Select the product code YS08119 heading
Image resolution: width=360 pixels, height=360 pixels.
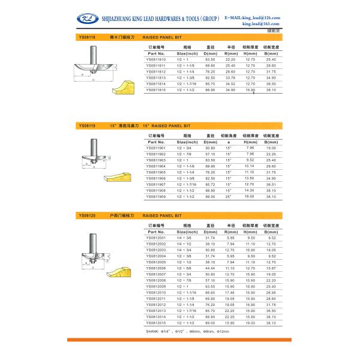pyautogui.click(x=87, y=126)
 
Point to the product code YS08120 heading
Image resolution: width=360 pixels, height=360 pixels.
pyautogui.click(x=87, y=214)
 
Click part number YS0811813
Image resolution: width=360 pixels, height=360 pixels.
pyautogui.click(x=157, y=77)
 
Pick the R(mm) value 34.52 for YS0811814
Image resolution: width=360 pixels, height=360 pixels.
pyautogui.click(x=230, y=83)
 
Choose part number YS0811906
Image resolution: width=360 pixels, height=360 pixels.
pyautogui.click(x=157, y=178)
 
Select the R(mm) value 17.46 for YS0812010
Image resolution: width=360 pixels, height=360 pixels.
pyautogui.click(x=230, y=292)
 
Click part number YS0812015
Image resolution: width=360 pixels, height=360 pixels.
pyautogui.click(x=157, y=321)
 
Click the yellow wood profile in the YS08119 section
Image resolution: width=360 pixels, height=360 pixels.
pyautogui.click(x=124, y=178)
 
